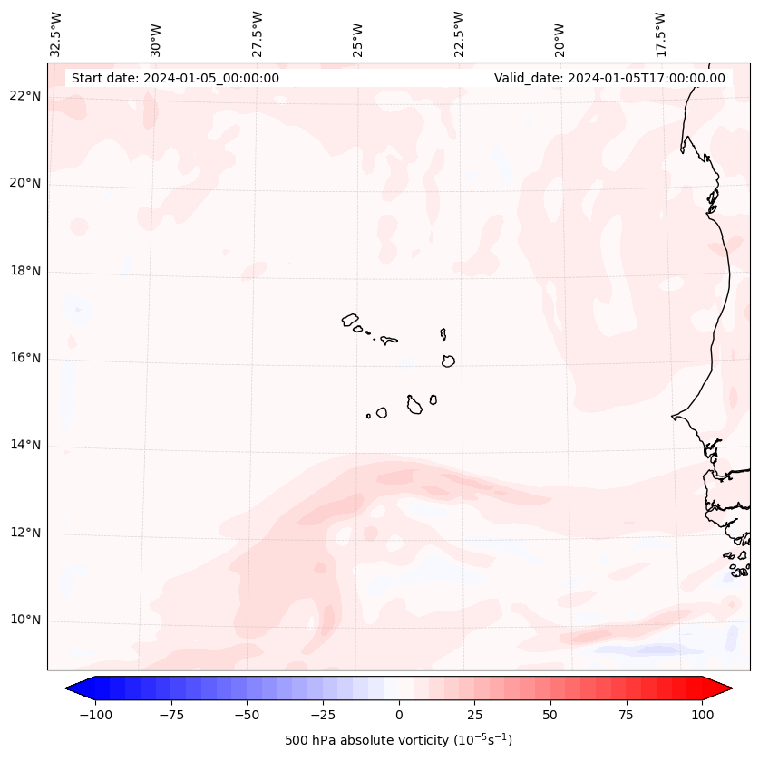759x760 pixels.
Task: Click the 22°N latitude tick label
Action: tap(25, 97)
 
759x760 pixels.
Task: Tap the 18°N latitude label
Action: tap(25, 271)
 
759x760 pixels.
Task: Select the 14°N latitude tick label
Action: tap(25, 446)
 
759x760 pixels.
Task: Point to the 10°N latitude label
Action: tap(25, 621)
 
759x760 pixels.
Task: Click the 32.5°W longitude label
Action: tap(56, 34)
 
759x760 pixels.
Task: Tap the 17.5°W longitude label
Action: tap(660, 34)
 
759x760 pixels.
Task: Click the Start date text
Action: tap(175, 78)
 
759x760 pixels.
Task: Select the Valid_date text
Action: tap(609, 78)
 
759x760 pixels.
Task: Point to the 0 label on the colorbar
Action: tap(399, 715)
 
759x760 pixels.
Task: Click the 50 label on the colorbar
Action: tap(550, 715)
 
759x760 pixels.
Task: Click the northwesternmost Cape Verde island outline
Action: tap(350, 320)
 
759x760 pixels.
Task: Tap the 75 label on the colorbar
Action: tap(626, 715)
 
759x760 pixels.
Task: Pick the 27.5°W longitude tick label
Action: tap(258, 34)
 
